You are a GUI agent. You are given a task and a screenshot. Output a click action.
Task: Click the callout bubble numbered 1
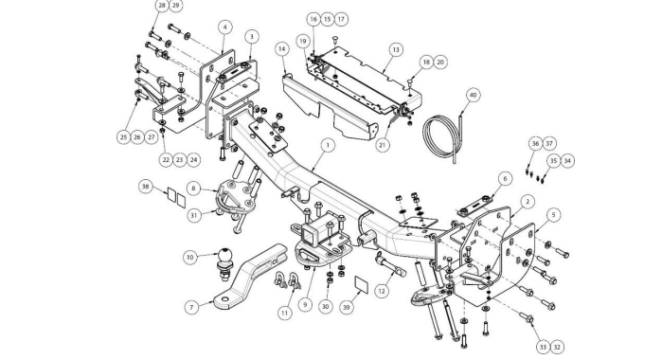coord(328,145)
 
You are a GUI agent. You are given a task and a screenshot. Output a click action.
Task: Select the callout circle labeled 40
coord(473,95)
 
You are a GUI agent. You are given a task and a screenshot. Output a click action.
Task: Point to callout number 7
coord(191,307)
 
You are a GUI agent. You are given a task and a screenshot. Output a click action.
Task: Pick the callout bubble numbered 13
coord(396,50)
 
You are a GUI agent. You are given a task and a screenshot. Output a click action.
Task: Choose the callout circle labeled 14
coord(282,49)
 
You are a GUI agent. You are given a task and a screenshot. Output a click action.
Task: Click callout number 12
coord(382,291)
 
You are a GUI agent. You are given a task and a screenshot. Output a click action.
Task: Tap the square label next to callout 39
coord(362,285)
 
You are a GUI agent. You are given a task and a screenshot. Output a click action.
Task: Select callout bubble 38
coord(146,187)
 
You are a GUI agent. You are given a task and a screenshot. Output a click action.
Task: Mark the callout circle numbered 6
coord(505,179)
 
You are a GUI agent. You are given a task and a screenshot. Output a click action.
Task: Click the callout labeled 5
coord(554,215)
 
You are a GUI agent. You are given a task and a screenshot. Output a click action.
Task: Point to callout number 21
coord(382,145)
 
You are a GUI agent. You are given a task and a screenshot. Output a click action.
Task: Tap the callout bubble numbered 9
coord(305,305)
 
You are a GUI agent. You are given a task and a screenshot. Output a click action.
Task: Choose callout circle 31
coord(194,215)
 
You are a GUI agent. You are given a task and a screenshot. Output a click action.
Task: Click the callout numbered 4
coord(225,27)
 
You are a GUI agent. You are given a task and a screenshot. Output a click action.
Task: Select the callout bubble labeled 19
coord(303,42)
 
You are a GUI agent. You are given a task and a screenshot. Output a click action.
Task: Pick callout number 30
coord(325,307)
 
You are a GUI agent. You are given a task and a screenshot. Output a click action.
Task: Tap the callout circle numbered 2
coord(528,202)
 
